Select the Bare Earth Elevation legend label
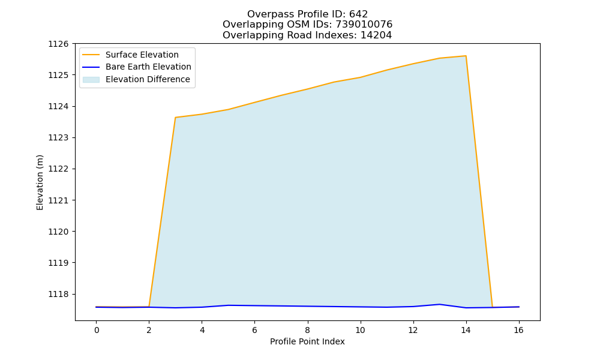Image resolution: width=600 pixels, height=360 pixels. [x=148, y=67]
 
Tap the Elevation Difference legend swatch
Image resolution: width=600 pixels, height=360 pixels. [x=91, y=80]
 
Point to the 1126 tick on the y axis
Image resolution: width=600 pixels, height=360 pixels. [x=58, y=44]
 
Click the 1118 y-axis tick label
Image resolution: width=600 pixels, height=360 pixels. [x=58, y=294]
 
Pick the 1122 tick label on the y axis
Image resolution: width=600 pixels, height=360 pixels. [x=58, y=169]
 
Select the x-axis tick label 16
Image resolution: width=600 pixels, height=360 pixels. [x=518, y=330]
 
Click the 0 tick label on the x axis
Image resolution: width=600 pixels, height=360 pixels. [x=97, y=330]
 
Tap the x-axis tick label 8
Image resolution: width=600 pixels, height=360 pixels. [x=307, y=330]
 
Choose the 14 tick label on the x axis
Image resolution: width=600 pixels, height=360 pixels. [x=466, y=330]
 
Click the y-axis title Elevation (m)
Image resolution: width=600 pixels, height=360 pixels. [x=40, y=182]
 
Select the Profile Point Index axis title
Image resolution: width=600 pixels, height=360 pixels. [x=307, y=341]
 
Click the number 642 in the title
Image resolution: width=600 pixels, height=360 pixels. [x=359, y=14]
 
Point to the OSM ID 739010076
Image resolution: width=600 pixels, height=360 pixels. [x=364, y=25]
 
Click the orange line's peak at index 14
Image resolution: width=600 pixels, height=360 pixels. [x=466, y=56]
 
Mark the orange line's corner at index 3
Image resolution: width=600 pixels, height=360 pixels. [x=175, y=118]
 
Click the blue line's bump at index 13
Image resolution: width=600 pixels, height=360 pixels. [x=439, y=305]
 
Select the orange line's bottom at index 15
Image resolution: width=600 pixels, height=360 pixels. [x=492, y=307]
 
